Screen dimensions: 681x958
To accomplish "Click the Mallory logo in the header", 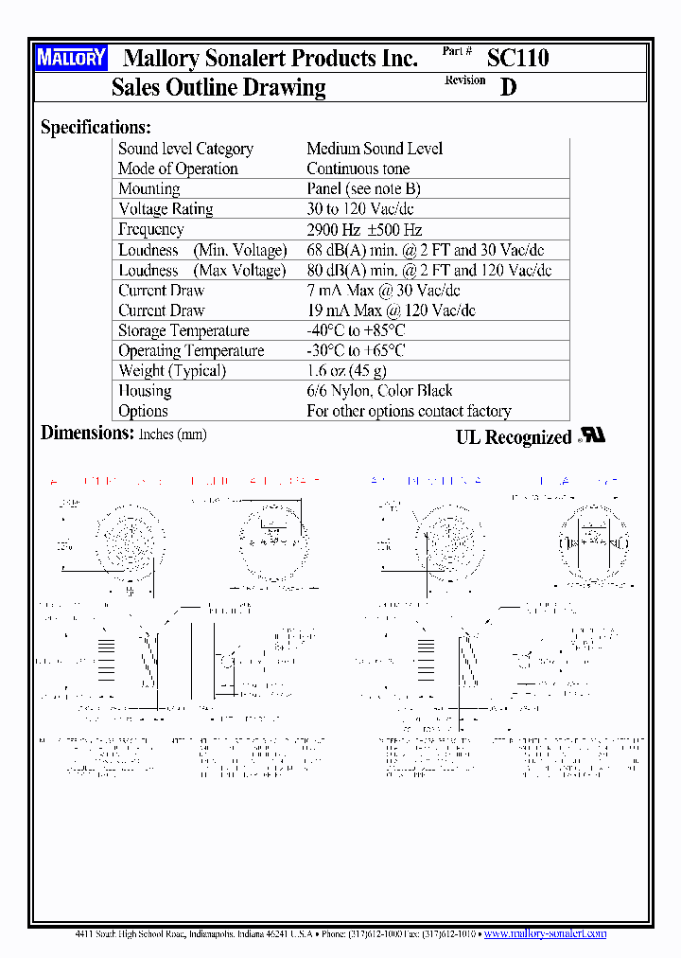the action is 71,58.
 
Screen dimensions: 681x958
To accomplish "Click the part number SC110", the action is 517,58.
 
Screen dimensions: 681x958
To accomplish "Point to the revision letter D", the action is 509,87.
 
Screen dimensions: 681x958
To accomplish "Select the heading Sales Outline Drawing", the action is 218,88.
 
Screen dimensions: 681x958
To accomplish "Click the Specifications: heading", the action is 96,127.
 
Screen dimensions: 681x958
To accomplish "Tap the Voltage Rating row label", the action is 166,209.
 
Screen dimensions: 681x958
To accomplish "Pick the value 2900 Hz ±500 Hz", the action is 364,230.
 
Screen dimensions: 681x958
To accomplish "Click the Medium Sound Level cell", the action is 375,149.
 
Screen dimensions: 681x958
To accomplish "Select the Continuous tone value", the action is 358,169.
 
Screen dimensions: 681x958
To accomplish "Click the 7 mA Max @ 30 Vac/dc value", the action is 383,291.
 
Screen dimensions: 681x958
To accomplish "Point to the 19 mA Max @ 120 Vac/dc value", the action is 391,310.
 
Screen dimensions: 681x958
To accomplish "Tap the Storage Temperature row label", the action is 183,330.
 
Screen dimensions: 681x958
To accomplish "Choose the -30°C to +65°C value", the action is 356,350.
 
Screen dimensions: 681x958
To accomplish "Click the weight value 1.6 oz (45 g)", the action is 346,371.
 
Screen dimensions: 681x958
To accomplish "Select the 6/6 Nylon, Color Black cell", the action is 379,391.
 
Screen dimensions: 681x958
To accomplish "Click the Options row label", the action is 143,411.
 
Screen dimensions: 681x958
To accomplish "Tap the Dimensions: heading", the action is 87,434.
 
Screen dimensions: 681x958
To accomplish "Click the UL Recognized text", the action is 514,437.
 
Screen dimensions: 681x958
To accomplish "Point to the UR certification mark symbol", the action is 592,435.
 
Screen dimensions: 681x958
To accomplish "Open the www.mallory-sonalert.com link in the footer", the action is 545,933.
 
